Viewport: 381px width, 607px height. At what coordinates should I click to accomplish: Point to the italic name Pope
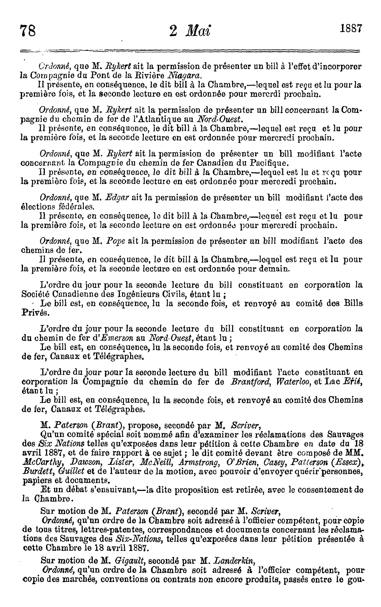(116, 241)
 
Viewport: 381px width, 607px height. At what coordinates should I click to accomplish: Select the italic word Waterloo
(290, 381)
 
